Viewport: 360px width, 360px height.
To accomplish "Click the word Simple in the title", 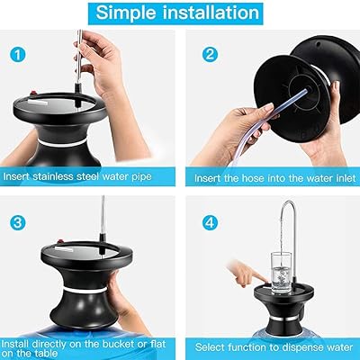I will (x=131, y=13).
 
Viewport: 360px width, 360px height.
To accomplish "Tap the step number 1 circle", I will (x=18, y=53).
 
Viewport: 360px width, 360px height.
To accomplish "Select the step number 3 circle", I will (x=18, y=220).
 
